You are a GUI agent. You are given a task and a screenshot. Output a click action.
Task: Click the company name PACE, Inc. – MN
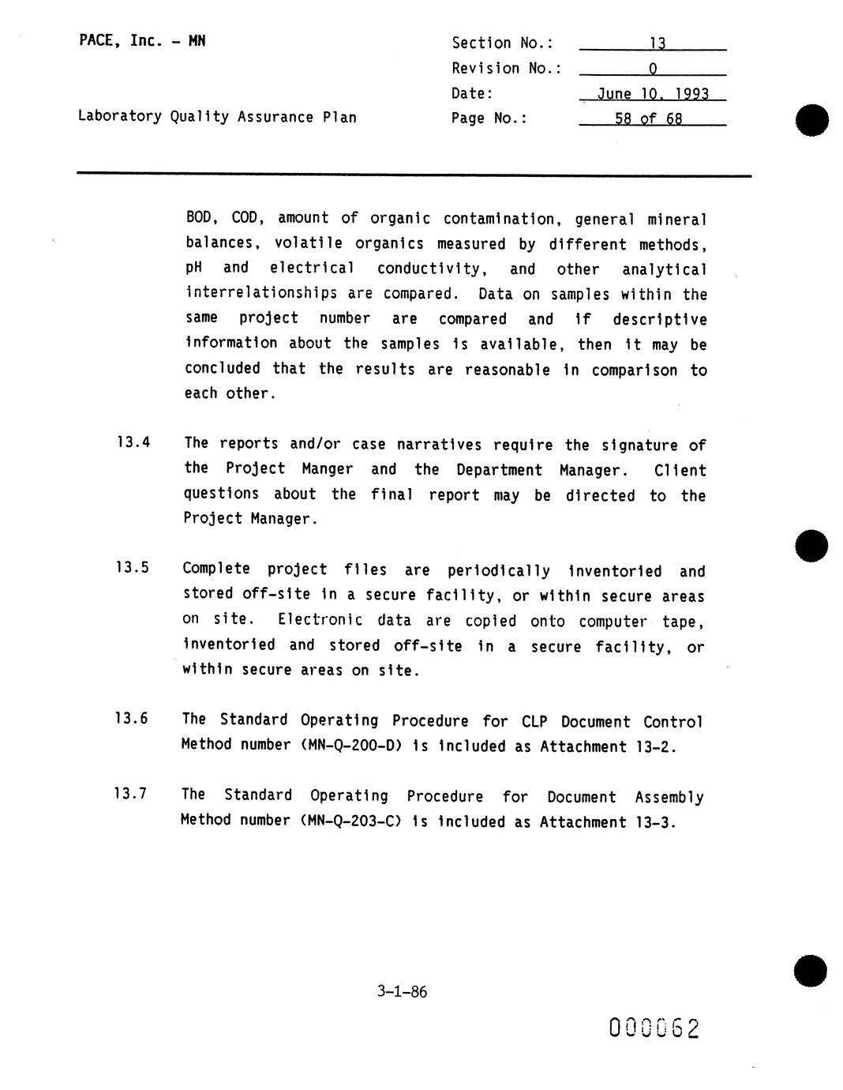click(142, 41)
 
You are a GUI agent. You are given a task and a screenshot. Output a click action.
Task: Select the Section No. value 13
click(657, 44)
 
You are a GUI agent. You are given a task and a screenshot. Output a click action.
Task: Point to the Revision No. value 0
click(653, 70)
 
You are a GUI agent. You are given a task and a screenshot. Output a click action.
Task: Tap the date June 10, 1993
click(653, 94)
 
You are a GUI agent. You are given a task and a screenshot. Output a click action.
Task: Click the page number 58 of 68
click(649, 119)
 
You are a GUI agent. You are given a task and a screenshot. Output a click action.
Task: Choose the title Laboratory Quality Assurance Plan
click(217, 117)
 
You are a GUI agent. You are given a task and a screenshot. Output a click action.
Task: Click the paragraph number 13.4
click(133, 442)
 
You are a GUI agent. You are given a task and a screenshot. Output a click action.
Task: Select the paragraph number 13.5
click(132, 567)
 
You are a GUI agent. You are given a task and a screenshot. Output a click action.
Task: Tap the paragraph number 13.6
click(131, 719)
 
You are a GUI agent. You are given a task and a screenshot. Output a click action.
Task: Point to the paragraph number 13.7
click(130, 794)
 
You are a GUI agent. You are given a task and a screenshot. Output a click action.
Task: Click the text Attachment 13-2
click(608, 746)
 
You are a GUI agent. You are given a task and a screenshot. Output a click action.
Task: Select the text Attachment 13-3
click(608, 822)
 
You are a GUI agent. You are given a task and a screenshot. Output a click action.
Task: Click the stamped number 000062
click(654, 1028)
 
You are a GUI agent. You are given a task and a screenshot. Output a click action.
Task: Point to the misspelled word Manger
click(327, 468)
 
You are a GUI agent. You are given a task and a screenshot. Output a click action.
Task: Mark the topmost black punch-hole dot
click(811, 121)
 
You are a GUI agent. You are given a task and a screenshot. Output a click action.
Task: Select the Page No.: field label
click(489, 118)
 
